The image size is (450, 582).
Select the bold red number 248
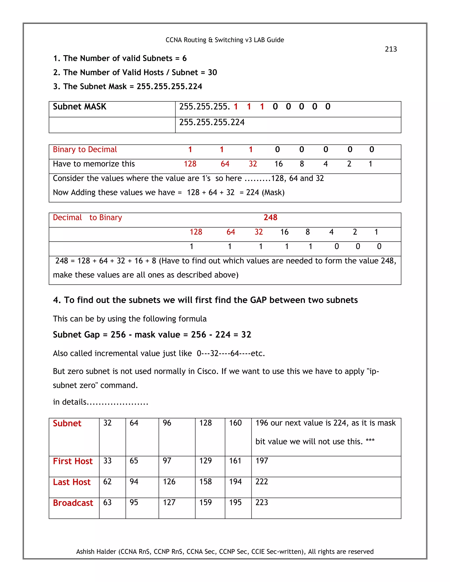pyautogui.click(x=270, y=217)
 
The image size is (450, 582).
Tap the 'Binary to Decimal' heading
pyautogui.click(x=85, y=150)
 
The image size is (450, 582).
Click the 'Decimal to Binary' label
pyautogui.click(x=87, y=217)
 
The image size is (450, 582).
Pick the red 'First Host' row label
pyautogui.click(x=73, y=461)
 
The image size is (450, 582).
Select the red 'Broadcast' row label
pyautogui.click(x=73, y=503)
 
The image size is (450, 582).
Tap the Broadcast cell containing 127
pyautogui.click(x=169, y=502)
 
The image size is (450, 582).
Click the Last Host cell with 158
pyautogui.click(x=205, y=482)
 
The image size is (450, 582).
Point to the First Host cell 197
pyautogui.click(x=261, y=461)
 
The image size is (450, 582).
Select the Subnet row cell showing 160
pyautogui.click(x=235, y=423)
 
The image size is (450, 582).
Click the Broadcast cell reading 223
pyautogui.click(x=261, y=502)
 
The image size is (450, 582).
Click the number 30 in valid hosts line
pyautogui.click(x=212, y=72)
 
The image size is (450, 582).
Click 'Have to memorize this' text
pyautogui.click(x=94, y=164)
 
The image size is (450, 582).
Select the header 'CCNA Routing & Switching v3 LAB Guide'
pyautogui.click(x=225, y=40)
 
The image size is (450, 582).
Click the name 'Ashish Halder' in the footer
pyautogui.click(x=96, y=552)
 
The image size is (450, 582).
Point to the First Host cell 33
pyautogui.click(x=107, y=461)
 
